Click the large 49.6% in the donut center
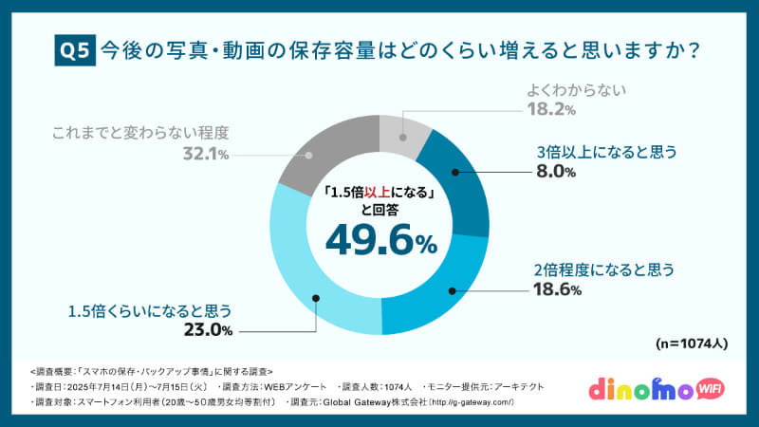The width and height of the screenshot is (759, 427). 380,240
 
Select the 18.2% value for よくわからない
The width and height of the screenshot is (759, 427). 550,110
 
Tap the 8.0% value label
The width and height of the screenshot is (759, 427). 556,172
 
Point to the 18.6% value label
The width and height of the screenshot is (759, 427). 556,289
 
